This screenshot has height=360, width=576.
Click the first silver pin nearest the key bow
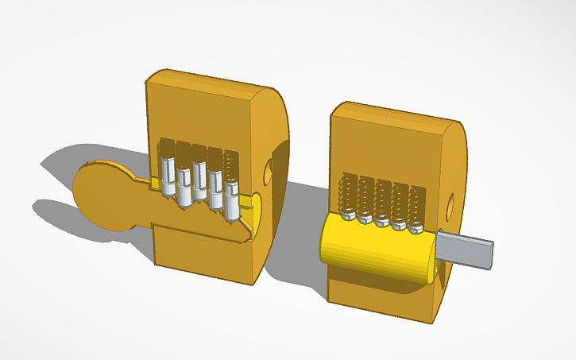(x=168, y=175)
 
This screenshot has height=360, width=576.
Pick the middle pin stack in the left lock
(x=199, y=179)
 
